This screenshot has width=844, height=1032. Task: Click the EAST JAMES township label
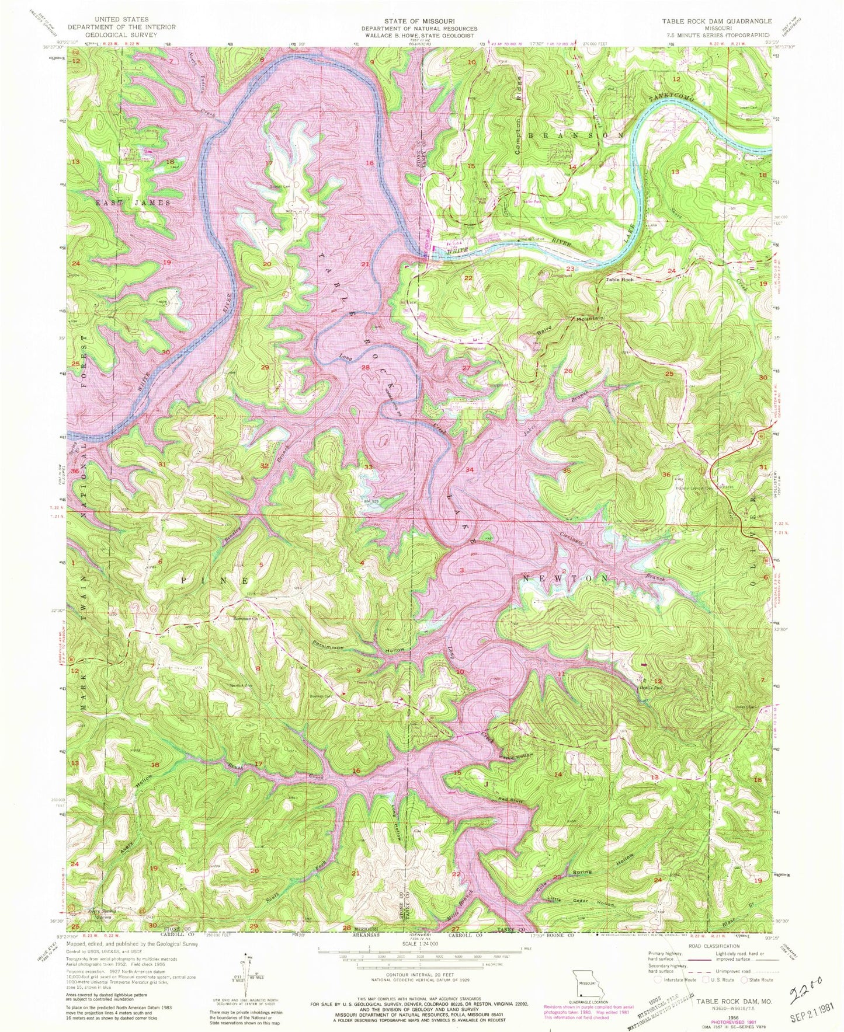[x=133, y=203]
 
